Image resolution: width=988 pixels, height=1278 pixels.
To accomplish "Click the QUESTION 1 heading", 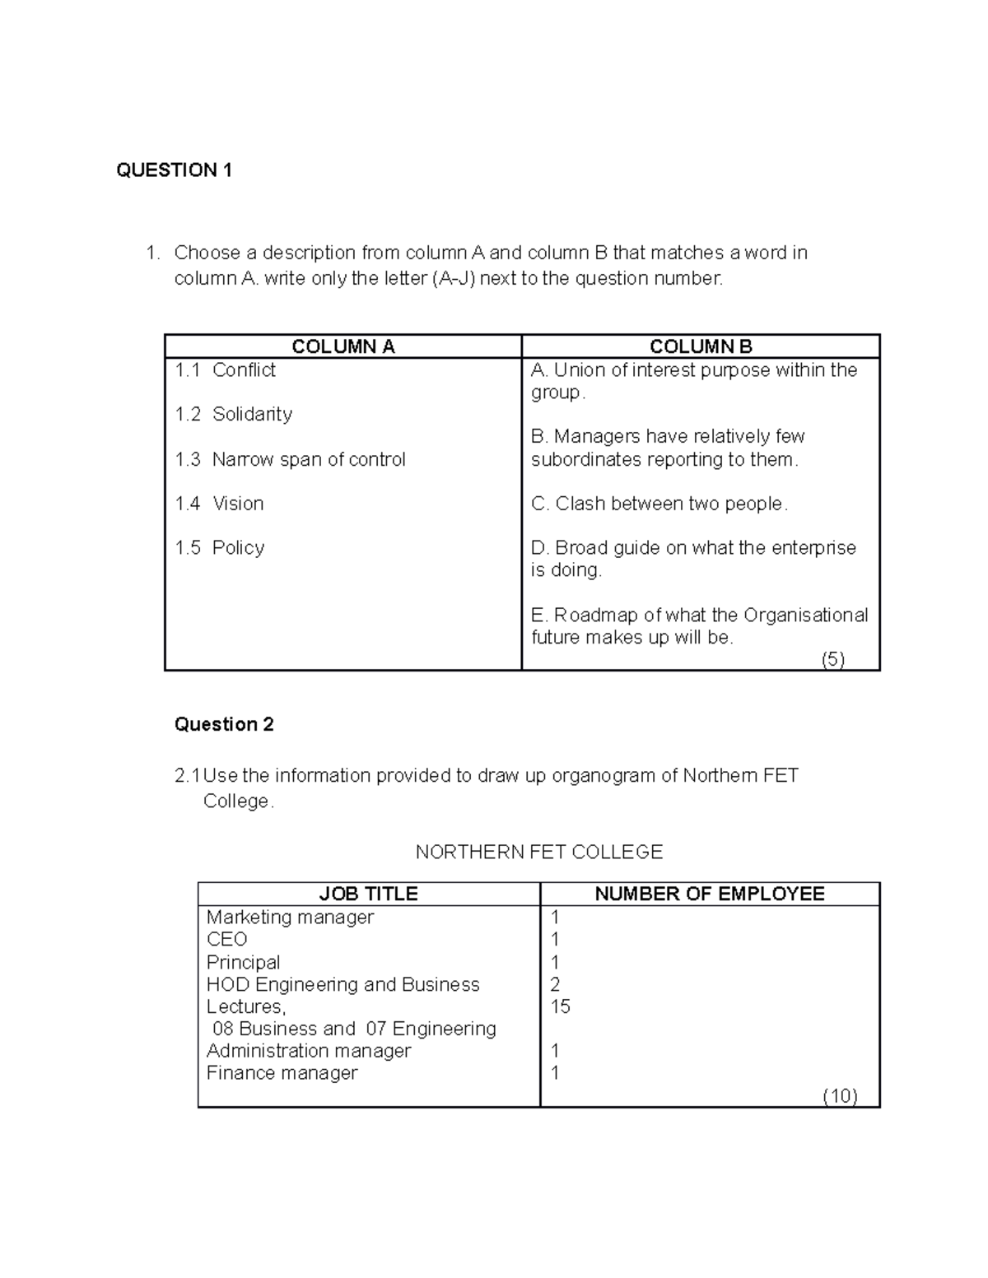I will point(174,170).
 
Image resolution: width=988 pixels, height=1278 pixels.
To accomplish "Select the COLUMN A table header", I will point(343,346).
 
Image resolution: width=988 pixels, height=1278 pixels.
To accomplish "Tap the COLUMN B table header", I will point(701,346).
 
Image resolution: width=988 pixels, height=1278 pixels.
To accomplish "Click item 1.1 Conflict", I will point(225,370).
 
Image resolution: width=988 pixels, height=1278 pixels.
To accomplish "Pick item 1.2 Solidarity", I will point(233,414).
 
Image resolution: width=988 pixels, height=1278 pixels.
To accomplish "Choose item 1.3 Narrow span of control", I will point(290,459).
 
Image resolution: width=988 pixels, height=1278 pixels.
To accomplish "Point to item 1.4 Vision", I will point(219,504).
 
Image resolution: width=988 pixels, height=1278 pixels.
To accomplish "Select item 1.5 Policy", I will point(219,548).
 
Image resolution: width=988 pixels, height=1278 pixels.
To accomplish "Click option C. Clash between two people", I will point(659,504).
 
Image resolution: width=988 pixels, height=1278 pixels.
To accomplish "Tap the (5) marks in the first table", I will point(833,659).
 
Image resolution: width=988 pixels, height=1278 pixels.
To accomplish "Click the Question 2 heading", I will point(224,724).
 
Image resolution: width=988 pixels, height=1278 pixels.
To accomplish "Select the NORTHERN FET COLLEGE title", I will point(538,852).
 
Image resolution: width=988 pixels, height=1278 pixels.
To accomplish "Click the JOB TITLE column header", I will point(368,894).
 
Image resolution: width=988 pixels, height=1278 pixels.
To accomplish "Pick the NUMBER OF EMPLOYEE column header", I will point(709,894).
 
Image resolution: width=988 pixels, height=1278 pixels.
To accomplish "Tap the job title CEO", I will point(226,940).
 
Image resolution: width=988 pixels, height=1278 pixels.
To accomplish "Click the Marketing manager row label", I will point(290,918).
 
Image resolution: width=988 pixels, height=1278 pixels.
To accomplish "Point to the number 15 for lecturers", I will point(560,1006).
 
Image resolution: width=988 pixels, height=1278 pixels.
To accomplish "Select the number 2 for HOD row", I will point(555,984).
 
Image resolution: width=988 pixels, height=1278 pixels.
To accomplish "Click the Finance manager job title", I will point(282,1073).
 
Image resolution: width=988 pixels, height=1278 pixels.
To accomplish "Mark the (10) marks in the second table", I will point(840,1095).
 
